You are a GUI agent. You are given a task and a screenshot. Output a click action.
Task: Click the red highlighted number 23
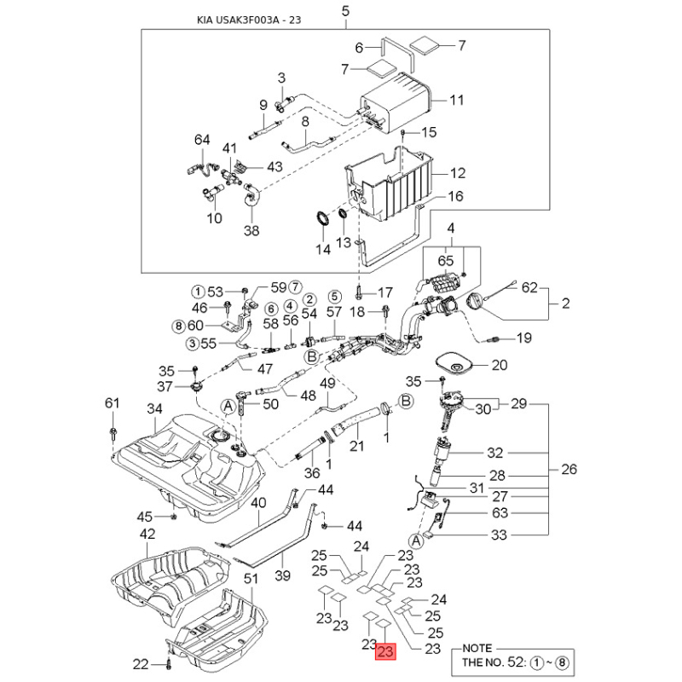click(x=384, y=652)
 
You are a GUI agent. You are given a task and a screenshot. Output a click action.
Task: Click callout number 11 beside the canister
click(x=457, y=101)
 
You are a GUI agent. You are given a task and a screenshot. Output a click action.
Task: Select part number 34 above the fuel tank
click(x=153, y=410)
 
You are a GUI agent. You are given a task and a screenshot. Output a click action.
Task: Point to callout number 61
click(x=112, y=402)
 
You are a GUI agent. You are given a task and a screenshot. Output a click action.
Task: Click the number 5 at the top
click(x=345, y=11)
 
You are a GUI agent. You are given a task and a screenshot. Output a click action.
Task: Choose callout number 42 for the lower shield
click(x=147, y=534)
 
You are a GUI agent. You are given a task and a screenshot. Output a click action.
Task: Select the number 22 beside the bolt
click(x=141, y=664)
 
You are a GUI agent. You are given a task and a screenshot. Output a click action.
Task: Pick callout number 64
click(x=202, y=140)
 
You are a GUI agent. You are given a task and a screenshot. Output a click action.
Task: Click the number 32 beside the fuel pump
click(x=519, y=454)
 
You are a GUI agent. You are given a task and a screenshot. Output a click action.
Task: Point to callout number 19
click(x=523, y=338)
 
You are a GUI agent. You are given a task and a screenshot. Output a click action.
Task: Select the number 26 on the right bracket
click(x=569, y=469)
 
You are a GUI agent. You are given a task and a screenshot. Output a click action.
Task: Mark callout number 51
click(x=251, y=579)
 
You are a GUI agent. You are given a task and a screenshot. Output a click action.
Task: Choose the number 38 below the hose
click(x=251, y=229)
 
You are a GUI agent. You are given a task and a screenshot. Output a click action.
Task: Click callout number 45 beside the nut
click(x=145, y=517)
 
